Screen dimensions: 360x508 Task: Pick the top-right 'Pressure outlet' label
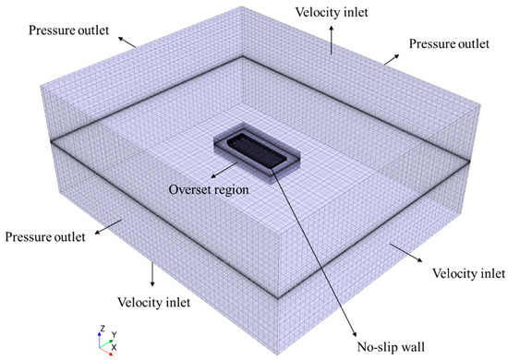pyautogui.click(x=449, y=44)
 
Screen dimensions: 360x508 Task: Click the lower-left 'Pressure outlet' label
pyautogui.click(x=45, y=237)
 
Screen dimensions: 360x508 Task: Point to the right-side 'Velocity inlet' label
pyautogui.click(x=468, y=274)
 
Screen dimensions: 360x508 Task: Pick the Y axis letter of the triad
pyautogui.click(x=113, y=333)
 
